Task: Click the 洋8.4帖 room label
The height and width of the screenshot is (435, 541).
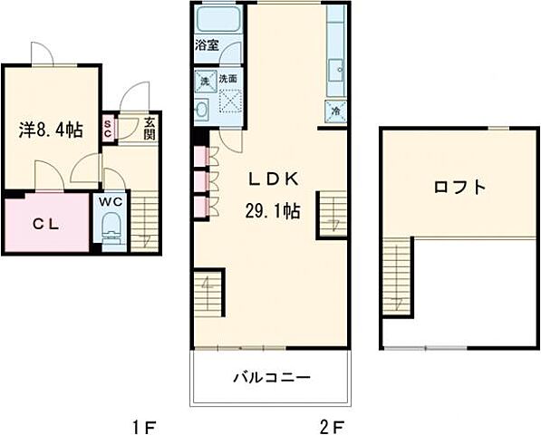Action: coord(51,130)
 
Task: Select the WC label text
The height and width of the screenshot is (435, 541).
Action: coord(111,200)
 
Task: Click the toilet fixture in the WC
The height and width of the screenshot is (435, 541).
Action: coord(111,227)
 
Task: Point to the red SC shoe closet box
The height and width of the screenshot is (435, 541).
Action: coord(108,128)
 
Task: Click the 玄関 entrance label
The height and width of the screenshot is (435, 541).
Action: coord(150,128)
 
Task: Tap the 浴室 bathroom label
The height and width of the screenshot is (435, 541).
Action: coord(206,43)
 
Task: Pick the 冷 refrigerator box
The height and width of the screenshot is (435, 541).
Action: coord(335,111)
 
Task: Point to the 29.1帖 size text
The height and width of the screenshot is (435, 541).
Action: coord(271,209)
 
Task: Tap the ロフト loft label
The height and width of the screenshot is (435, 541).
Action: coord(459,188)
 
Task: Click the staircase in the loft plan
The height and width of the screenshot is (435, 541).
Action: coord(396,275)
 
